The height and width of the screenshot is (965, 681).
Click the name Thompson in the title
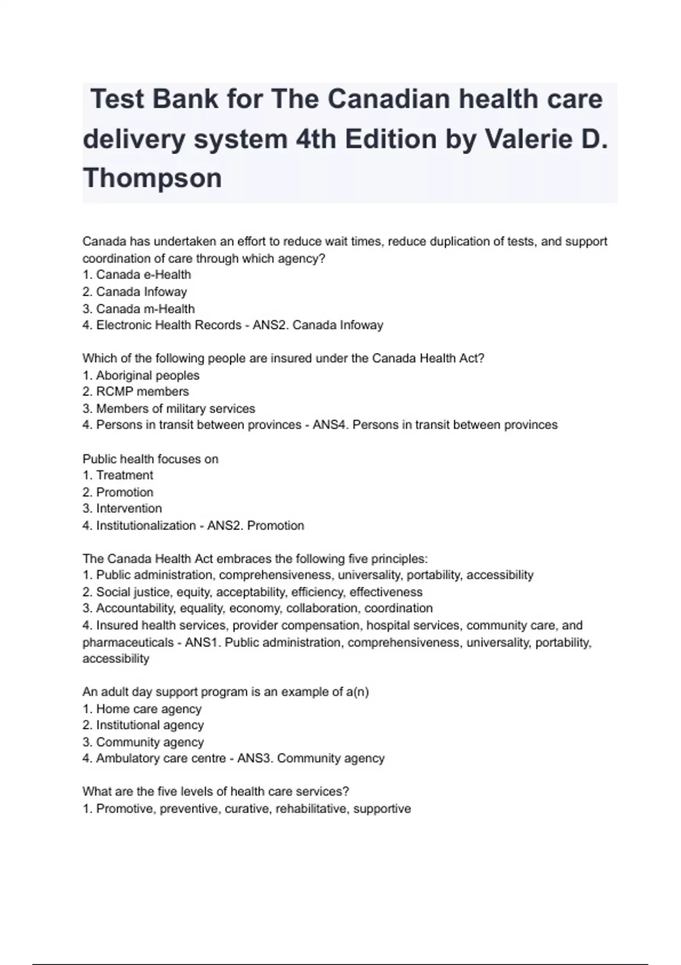tap(152, 178)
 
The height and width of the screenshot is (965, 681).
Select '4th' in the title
tap(316, 139)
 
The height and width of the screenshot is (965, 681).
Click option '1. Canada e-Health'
tap(137, 275)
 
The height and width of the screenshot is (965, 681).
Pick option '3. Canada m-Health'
tap(138, 309)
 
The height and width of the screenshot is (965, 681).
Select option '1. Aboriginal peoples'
tap(141, 375)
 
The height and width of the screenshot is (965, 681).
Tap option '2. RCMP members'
tap(136, 392)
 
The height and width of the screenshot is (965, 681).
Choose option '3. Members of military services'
tap(169, 409)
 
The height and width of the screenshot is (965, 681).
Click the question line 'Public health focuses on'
tap(150, 459)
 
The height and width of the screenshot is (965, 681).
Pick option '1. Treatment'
tap(117, 475)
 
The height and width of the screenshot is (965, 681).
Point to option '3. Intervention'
tap(122, 509)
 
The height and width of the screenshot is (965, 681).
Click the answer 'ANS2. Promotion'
tap(255, 526)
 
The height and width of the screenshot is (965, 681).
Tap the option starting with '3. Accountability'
tap(258, 609)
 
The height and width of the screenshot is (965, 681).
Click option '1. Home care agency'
tap(142, 709)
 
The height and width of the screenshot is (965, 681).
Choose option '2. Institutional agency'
tap(143, 725)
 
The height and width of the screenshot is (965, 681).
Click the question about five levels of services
tap(216, 791)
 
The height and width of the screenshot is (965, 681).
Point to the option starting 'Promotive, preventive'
tap(247, 809)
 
